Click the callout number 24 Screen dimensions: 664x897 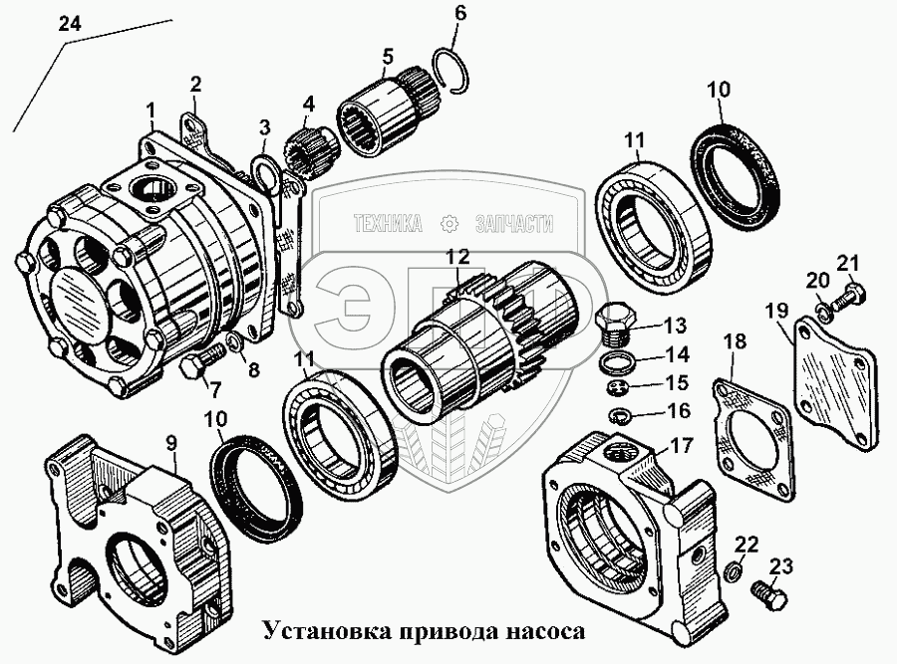(69, 25)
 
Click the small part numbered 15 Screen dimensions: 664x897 (616, 385)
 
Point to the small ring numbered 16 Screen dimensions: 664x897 (618, 411)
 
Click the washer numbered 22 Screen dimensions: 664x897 (734, 570)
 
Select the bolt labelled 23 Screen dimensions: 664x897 (771, 596)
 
